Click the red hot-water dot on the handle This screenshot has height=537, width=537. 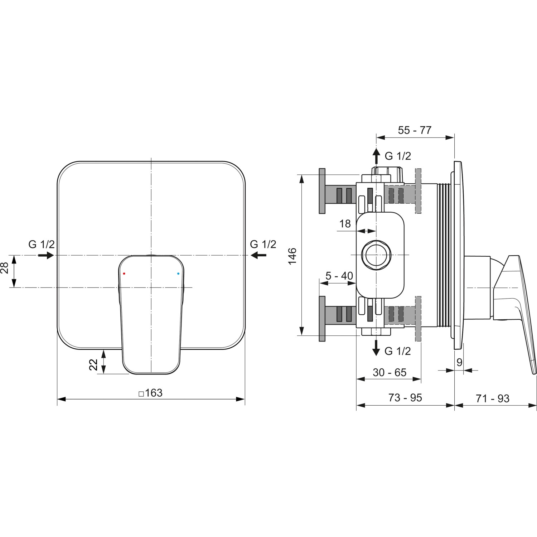coord(124,274)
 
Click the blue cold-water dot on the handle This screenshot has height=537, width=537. coord(178,274)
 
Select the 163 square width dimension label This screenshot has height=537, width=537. coord(151,393)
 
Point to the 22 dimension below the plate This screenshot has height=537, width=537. coord(93,365)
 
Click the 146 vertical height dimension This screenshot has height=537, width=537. coord(292,256)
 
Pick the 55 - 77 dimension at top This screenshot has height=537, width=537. coord(415,130)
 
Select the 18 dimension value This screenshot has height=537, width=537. coord(345,224)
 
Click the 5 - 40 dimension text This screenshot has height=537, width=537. coord(339,276)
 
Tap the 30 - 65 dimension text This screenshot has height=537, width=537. coord(390,373)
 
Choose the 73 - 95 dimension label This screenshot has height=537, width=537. coord(405,398)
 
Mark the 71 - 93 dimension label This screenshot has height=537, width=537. coord(493,398)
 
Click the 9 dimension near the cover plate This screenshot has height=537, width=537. coord(459,362)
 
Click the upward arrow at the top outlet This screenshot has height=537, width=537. coord(376,156)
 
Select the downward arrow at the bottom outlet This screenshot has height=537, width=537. coord(376,347)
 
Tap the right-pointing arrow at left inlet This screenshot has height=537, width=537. coord(45,255)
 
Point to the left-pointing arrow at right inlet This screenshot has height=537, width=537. coord(258,255)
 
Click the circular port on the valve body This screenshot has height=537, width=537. coord(376,255)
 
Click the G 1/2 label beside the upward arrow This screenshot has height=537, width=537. coord(398,156)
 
